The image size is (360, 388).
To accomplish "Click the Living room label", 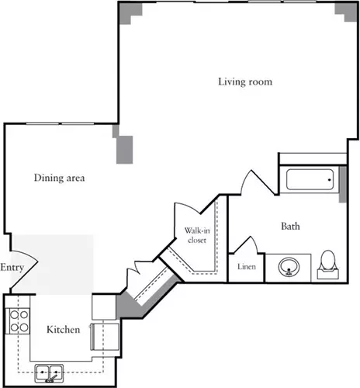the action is point(245,82).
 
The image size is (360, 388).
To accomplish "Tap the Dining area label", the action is point(59,178).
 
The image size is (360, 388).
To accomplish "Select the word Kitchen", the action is point(63,330).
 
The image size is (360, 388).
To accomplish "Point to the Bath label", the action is point(290,226).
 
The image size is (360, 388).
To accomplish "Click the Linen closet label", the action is point(247,266).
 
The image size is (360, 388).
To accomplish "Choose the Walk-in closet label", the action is point(197,235).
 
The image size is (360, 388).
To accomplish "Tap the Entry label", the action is point(12,268).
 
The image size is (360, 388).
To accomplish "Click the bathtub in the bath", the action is point(310,179).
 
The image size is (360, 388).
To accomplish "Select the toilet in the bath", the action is point(328,265).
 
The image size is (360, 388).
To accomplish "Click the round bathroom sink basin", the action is point(289,267).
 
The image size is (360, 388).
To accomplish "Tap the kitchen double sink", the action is point(49,373).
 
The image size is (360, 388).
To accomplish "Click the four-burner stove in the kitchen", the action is point(18,321).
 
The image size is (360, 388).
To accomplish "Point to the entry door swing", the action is point(25,269).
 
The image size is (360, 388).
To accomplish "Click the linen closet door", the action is point(247,244).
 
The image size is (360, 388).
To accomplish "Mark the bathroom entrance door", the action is point(257,182).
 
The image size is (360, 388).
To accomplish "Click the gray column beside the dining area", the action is point(124,149).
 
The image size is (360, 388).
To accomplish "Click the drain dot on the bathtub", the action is point(330,179).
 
